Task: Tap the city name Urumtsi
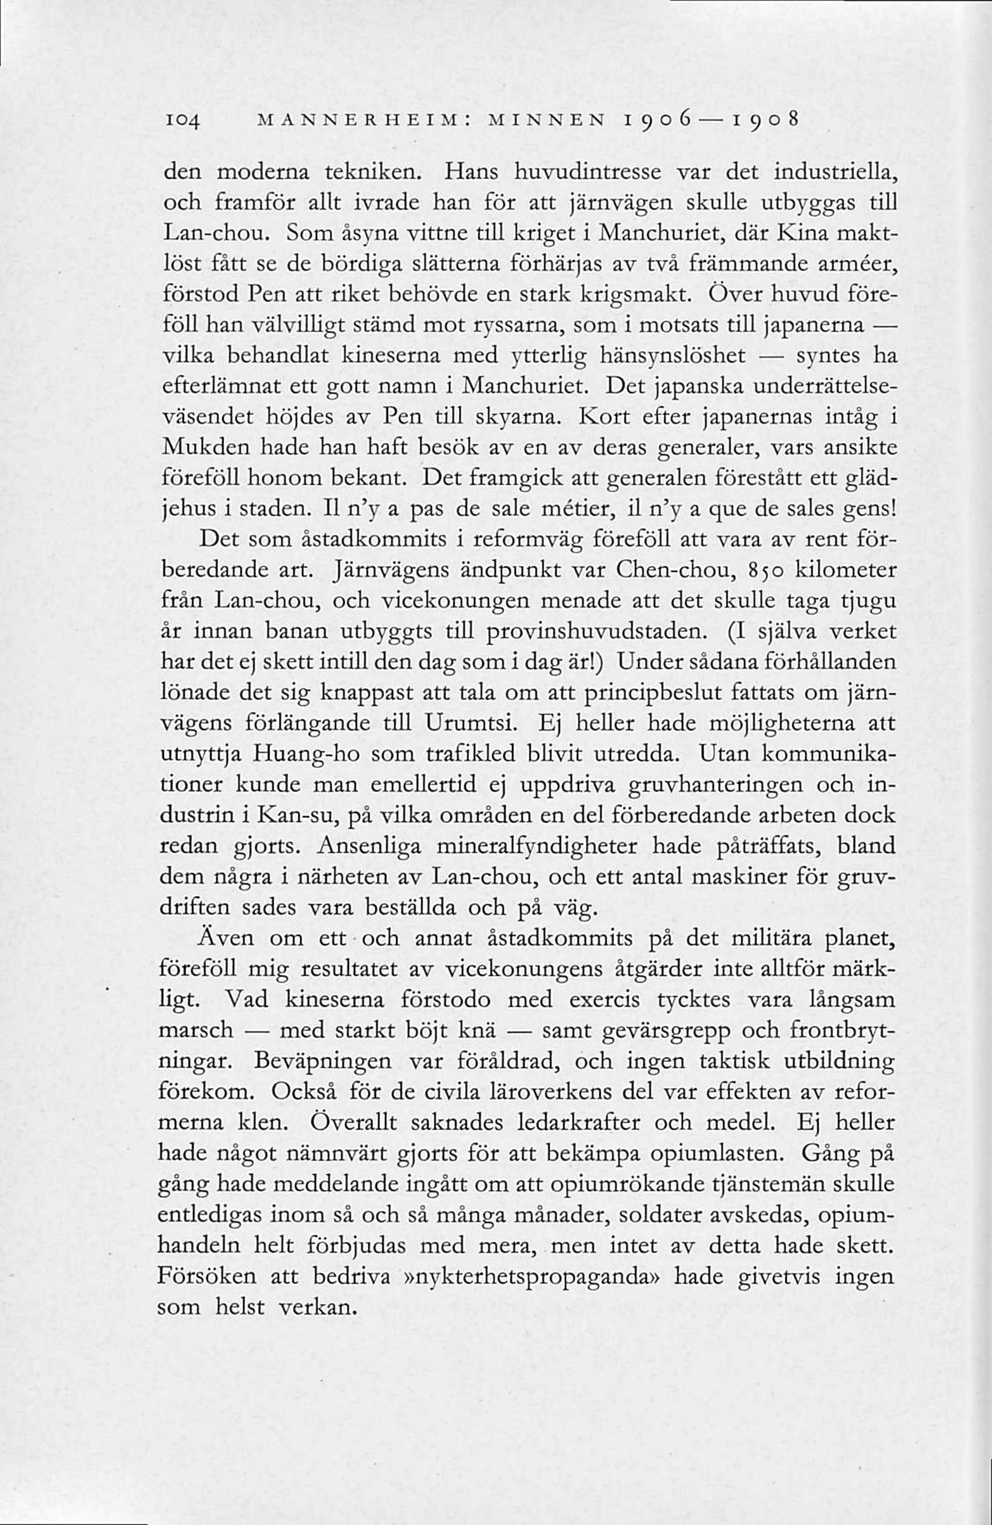pos(471,723)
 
